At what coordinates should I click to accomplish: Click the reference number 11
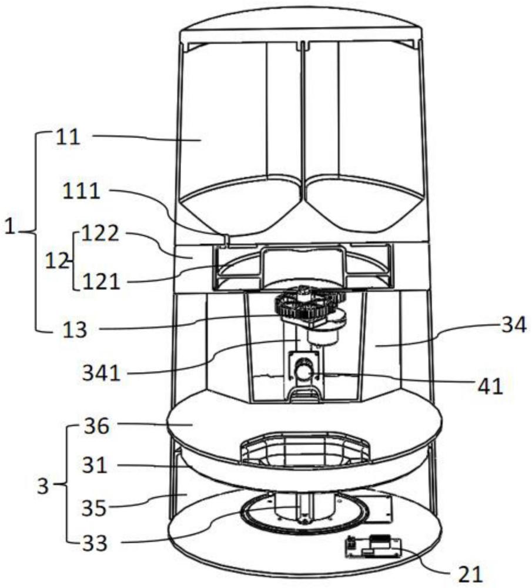[x=68, y=137]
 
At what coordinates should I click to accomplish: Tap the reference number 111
[x=81, y=191]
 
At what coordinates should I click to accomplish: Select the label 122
[x=100, y=233]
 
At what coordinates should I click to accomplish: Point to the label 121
[x=101, y=281]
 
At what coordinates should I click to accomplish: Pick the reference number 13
[x=75, y=330]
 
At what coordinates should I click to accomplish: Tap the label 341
[x=102, y=373]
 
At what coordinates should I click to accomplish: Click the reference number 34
[x=514, y=325]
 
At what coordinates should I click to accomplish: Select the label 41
[x=490, y=386]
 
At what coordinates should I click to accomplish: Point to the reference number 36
[x=96, y=426]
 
